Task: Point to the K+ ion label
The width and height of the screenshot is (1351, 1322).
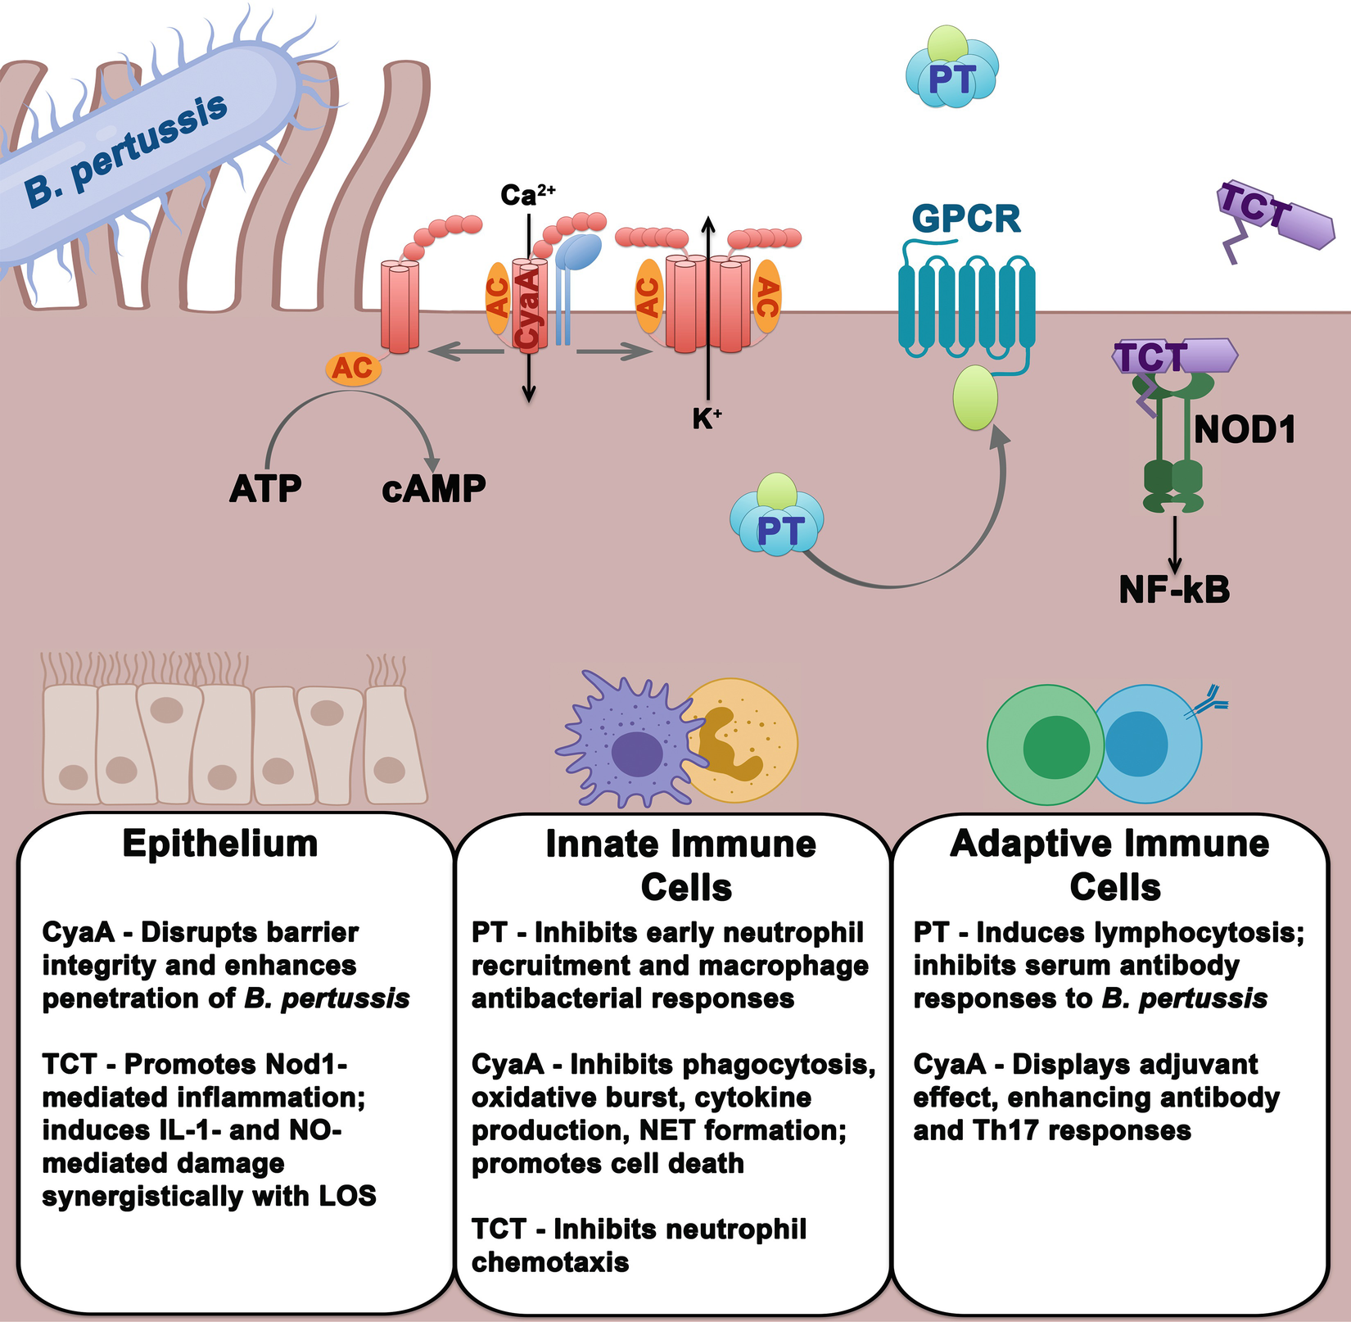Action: (707, 419)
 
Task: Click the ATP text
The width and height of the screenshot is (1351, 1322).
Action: (265, 489)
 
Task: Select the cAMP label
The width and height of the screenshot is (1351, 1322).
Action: (433, 489)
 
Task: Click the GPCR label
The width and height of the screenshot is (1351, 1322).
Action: (966, 219)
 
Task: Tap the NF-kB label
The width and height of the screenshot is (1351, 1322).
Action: (1174, 589)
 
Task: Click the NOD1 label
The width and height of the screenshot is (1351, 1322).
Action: (1245, 430)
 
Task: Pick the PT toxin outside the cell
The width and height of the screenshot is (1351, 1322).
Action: (952, 78)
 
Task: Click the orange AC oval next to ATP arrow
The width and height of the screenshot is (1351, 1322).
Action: (353, 369)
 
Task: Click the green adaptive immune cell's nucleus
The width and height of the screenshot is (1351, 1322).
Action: (1056, 746)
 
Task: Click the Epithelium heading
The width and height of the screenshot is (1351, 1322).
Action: (220, 844)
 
